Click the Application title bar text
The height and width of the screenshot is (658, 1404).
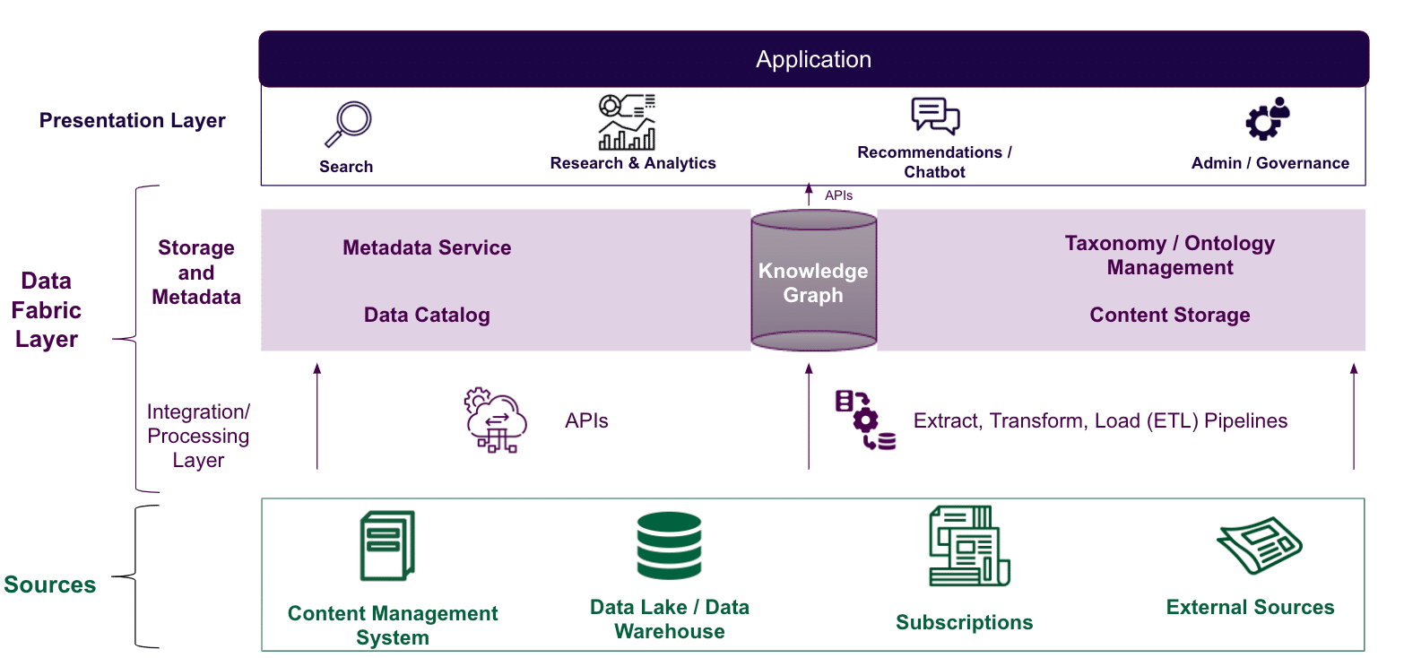[813, 60]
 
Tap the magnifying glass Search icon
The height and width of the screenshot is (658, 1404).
[347, 125]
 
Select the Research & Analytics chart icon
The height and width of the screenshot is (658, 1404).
[627, 122]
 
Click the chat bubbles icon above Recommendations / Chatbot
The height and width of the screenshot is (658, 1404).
[935, 117]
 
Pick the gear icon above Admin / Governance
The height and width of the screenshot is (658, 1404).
[1268, 119]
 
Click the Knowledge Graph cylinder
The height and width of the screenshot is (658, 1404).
[813, 281]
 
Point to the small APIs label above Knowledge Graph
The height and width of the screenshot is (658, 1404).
[838, 195]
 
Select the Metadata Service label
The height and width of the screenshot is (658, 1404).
[427, 248]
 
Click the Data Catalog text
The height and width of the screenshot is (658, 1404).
[427, 315]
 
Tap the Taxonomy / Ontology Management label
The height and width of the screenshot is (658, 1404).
[1169, 255]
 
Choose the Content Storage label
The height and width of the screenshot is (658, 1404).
[1169, 315]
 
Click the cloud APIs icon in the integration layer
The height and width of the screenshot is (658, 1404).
[495, 420]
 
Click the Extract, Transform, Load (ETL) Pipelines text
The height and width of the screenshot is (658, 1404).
[1100, 420]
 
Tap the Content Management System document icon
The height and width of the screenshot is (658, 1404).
[387, 546]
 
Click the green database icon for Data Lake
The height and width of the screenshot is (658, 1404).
[669, 546]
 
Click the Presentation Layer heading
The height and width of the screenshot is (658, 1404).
[133, 121]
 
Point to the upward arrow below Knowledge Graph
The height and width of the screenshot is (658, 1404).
[809, 417]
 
